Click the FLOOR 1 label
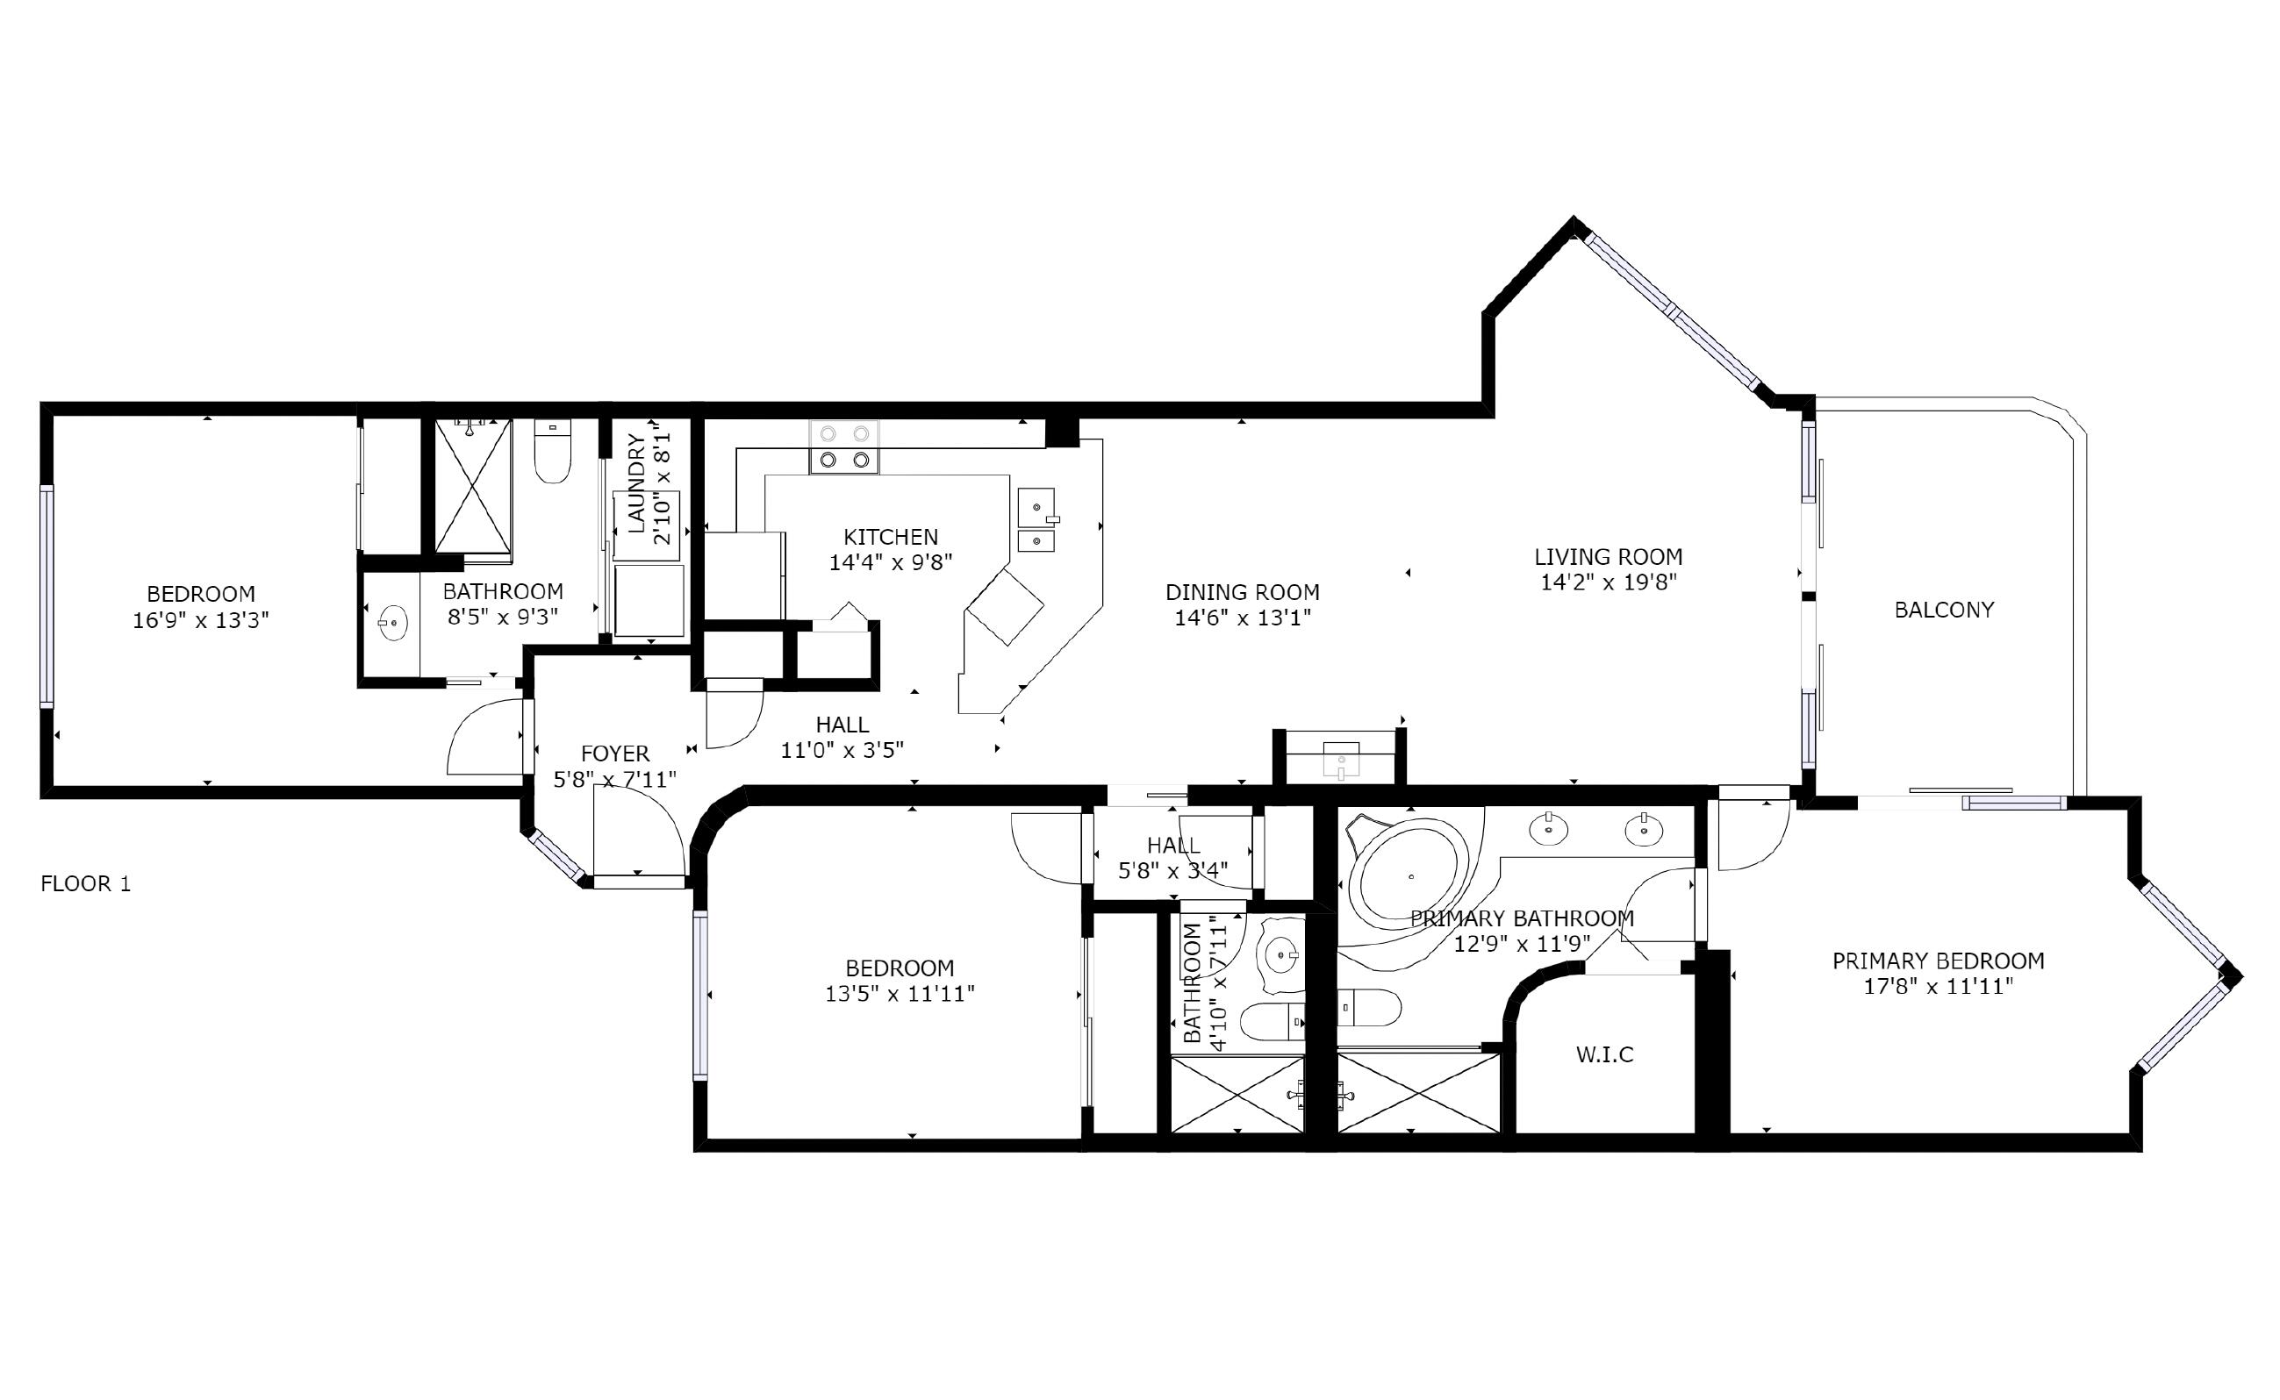[x=85, y=883]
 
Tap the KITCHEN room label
[x=890, y=537]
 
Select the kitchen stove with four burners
[x=843, y=447]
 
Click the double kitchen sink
[x=1036, y=521]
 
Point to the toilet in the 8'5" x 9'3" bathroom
[x=552, y=453]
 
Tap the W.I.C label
[x=1604, y=1054]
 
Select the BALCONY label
[x=1943, y=611]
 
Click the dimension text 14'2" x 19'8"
[x=1608, y=582]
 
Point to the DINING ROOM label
[x=1242, y=593]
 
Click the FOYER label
[x=615, y=754]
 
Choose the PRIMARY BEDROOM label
[x=1938, y=961]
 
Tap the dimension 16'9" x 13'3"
[x=200, y=620]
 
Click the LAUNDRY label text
[x=637, y=483]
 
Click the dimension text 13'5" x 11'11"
[x=900, y=995]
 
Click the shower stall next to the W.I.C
[x=1417, y=1093]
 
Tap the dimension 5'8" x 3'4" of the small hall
[x=1172, y=870]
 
